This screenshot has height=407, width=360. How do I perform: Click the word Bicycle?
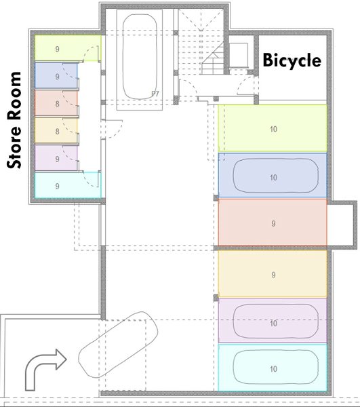292,61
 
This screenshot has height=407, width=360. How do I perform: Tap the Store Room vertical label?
14,120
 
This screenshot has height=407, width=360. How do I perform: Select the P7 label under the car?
155,94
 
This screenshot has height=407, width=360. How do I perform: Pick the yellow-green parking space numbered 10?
273,128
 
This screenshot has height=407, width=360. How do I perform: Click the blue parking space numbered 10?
273,175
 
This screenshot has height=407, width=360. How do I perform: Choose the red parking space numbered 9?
273,222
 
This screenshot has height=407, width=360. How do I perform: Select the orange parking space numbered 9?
273,274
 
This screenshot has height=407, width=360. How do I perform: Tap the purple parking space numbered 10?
273,321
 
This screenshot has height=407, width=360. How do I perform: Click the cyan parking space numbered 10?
273,368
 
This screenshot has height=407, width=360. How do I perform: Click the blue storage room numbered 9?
56,76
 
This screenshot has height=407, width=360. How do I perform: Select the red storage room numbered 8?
56,103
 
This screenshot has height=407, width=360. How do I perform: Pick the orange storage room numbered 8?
56,131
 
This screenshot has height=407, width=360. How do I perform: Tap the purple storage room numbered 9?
56,158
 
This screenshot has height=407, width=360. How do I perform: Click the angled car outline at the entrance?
118,345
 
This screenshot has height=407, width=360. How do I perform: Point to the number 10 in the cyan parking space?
273,369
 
